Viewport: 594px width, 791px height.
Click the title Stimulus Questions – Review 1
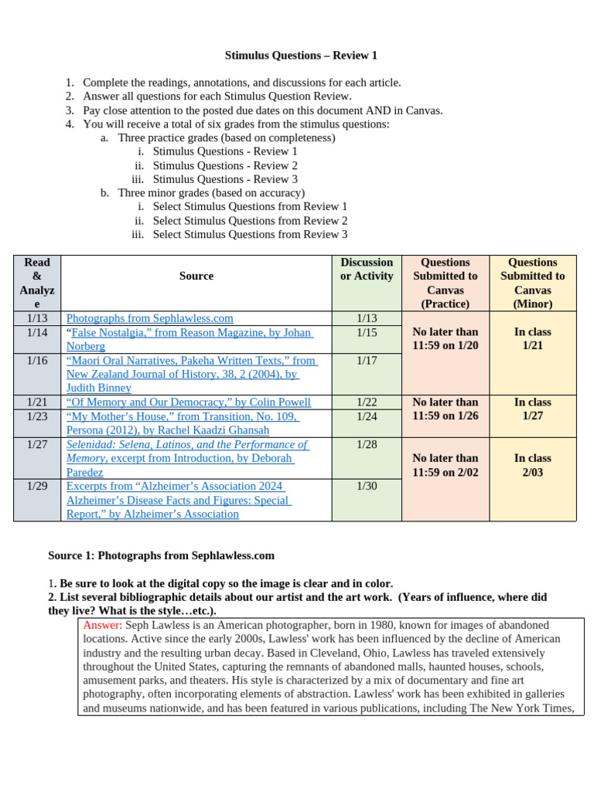click(x=301, y=56)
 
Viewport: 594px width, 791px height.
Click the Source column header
click(x=196, y=276)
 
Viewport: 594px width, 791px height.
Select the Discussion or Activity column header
click(x=367, y=270)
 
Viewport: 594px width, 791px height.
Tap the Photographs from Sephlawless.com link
click(x=149, y=318)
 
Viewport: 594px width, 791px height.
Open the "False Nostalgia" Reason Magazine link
click(x=189, y=333)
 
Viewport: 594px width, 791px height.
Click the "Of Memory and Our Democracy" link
click(x=188, y=402)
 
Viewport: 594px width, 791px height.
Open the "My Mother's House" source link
click(x=182, y=416)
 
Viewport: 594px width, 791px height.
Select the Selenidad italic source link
click(x=186, y=445)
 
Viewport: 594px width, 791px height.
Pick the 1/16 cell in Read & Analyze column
click(x=37, y=361)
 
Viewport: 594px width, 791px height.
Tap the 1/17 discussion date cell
click(x=367, y=361)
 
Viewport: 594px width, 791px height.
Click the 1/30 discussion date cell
click(x=367, y=487)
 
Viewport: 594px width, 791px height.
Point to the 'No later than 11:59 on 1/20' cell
click(x=445, y=339)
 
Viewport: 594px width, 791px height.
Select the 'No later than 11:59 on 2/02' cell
click(x=445, y=465)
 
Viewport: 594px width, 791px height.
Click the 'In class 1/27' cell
click(x=533, y=409)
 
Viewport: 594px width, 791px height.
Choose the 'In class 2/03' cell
click(x=533, y=465)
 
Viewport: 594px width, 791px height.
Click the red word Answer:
click(x=102, y=625)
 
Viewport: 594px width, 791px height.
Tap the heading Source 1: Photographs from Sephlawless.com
click(x=161, y=555)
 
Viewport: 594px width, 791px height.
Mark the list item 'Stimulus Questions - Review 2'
click(x=225, y=165)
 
